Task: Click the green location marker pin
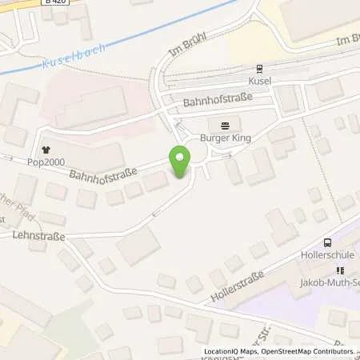pyautogui.click(x=179, y=162)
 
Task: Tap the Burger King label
pyautogui.click(x=225, y=138)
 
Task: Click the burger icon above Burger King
pyautogui.click(x=225, y=125)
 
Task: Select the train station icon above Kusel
pyautogui.click(x=258, y=69)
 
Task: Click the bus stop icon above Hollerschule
pyautogui.click(x=327, y=243)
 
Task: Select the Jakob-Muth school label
pyautogui.click(x=331, y=286)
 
